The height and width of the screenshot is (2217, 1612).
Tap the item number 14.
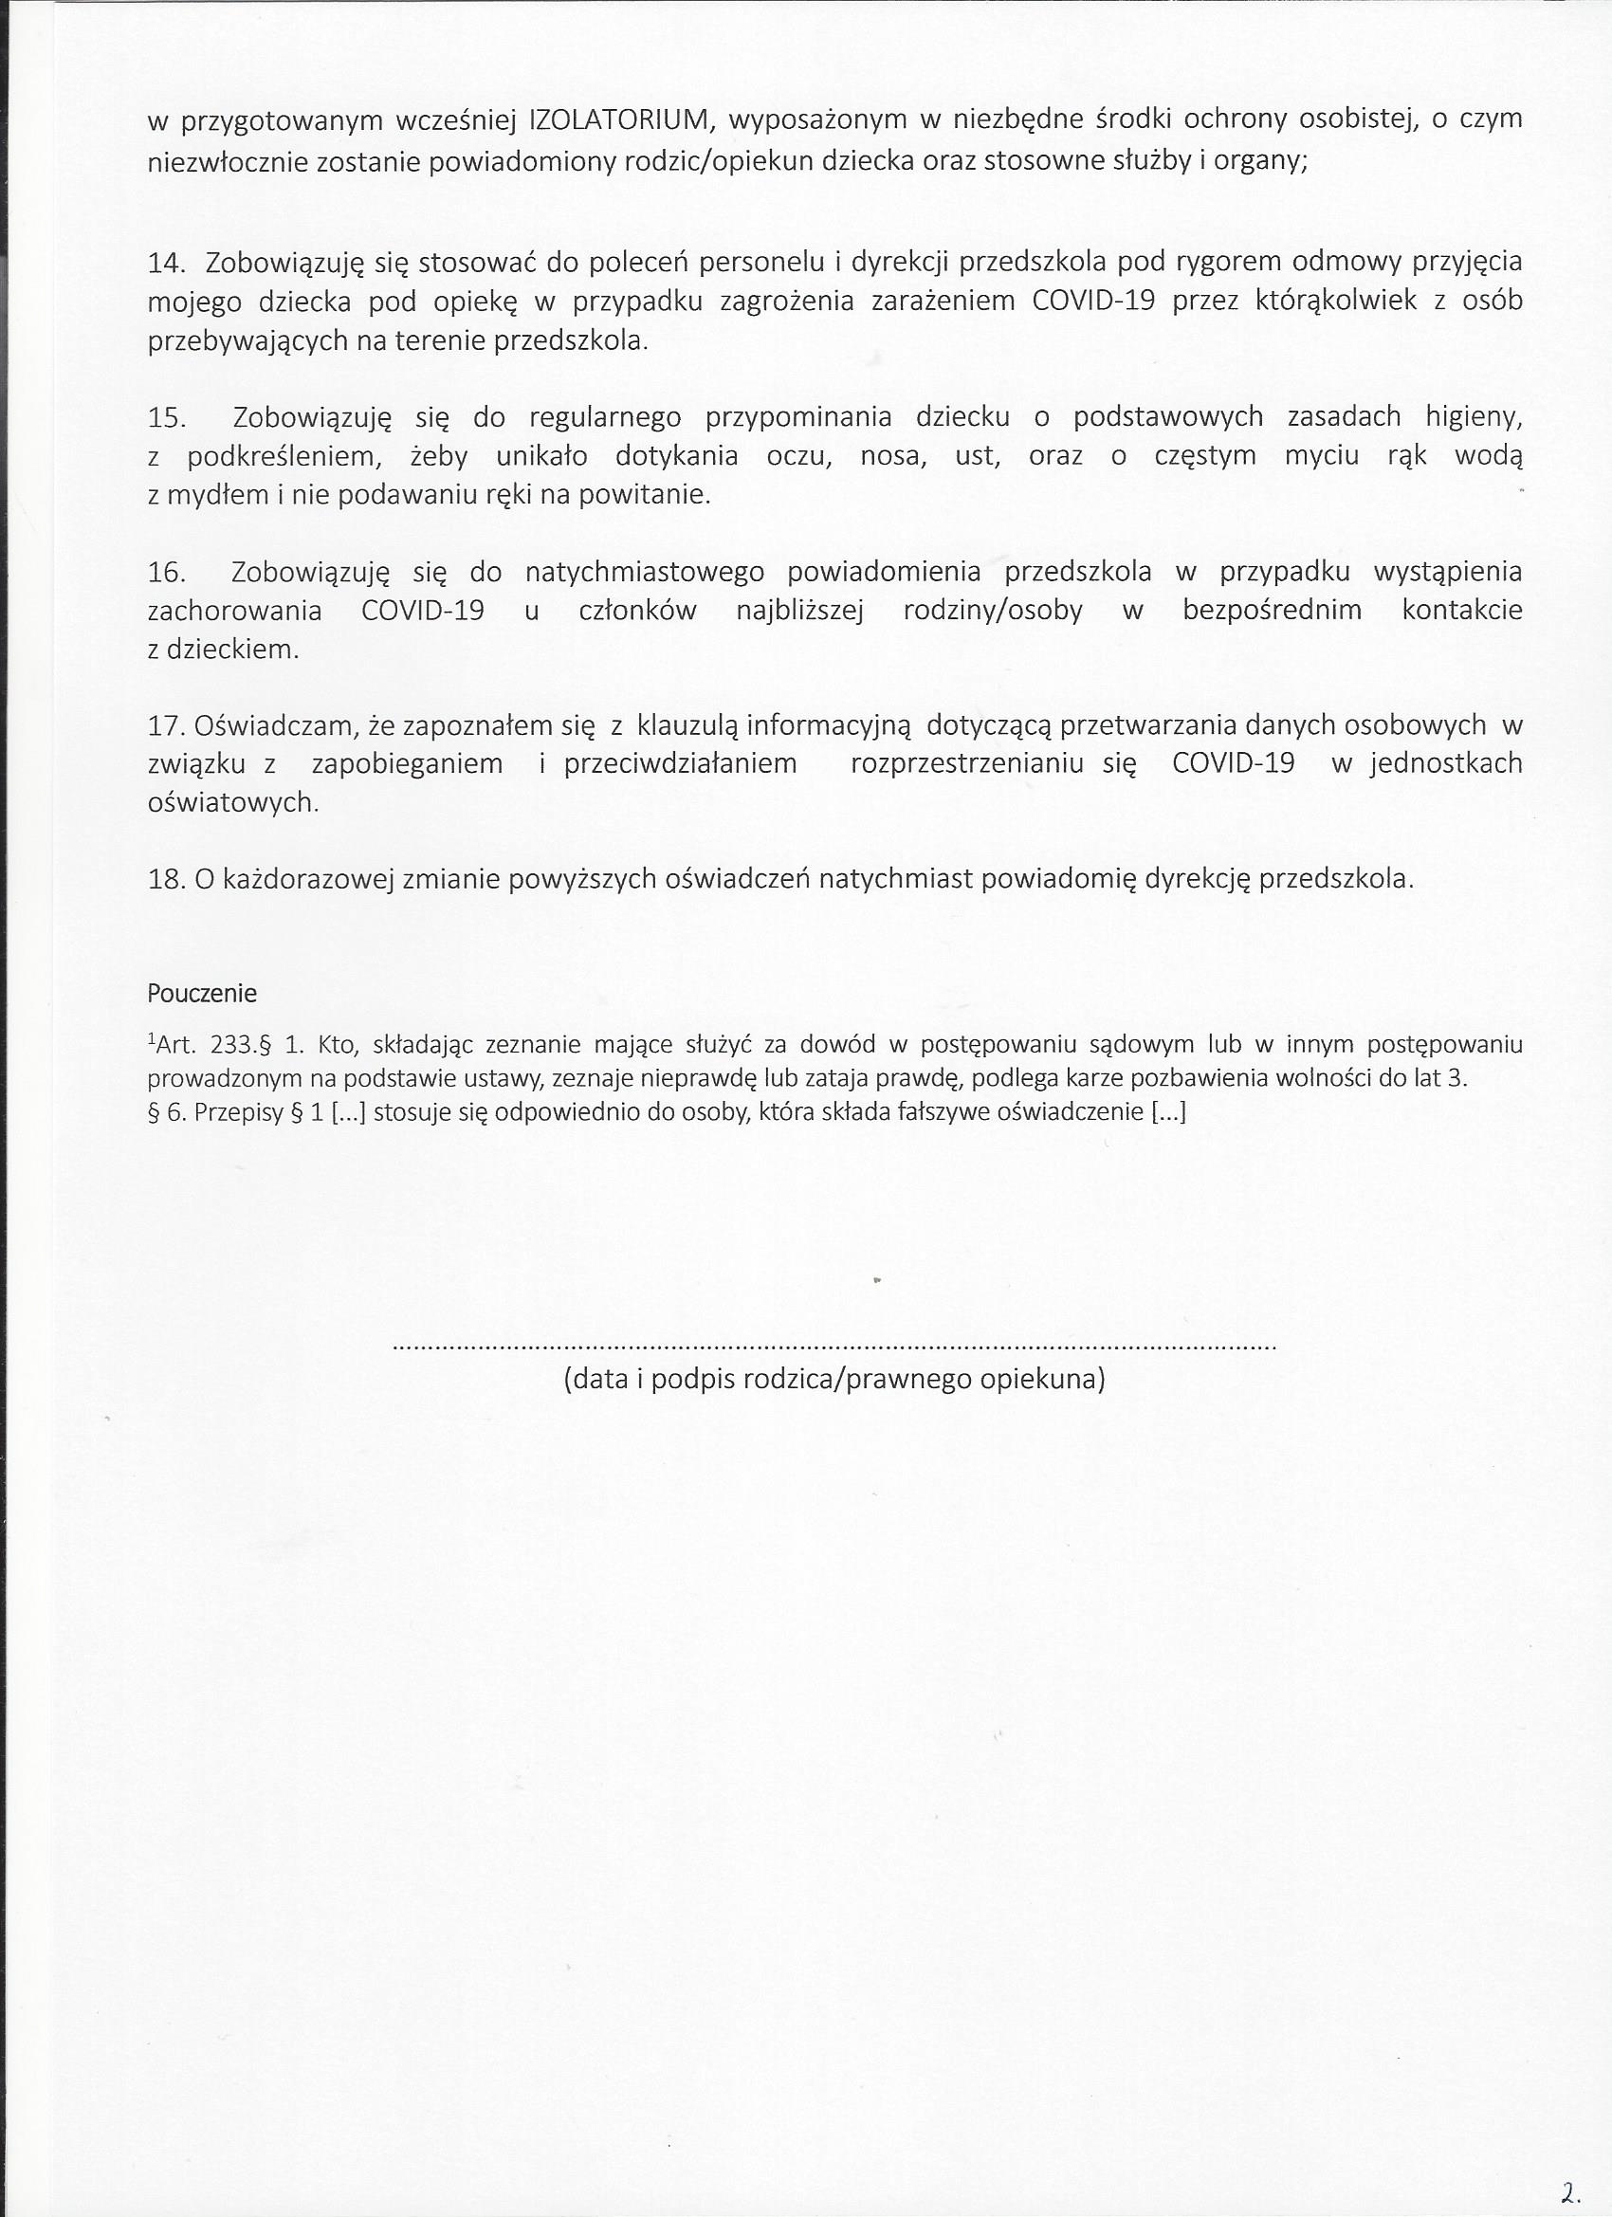pos(166,262)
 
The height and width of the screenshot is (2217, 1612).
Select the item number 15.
pos(166,417)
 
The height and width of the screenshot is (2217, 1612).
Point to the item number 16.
pos(166,571)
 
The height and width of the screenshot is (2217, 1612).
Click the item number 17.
pos(166,725)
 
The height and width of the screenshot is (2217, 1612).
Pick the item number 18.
pos(166,880)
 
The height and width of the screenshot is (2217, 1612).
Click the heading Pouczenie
pos(202,994)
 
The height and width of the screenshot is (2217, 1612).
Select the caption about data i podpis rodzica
pos(833,1380)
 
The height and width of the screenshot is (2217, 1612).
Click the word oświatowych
pos(232,802)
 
